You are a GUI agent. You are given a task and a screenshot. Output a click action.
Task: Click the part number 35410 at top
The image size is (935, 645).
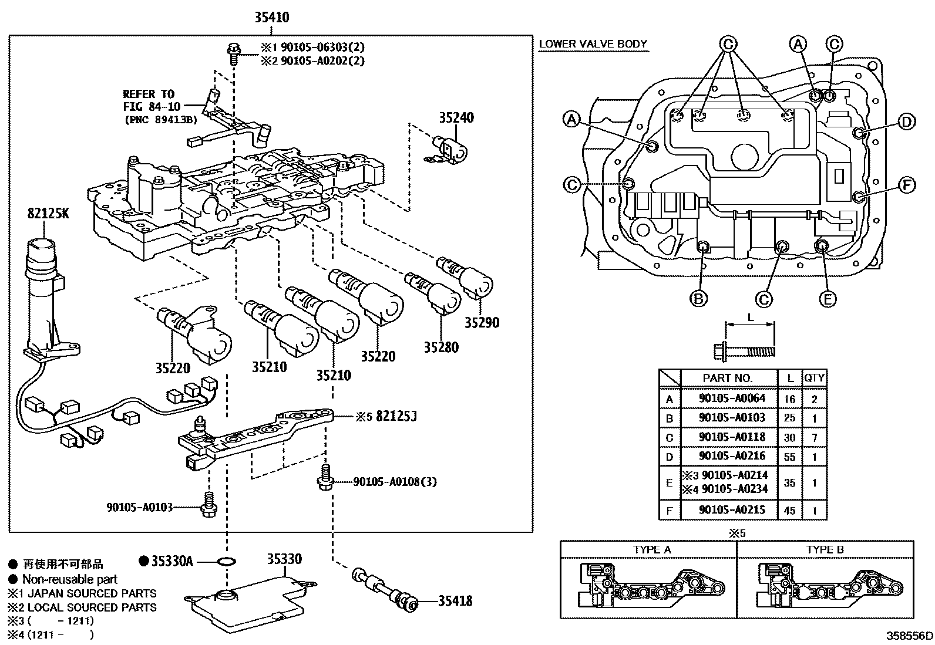[x=271, y=18]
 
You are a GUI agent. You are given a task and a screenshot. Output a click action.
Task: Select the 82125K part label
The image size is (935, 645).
[x=47, y=214]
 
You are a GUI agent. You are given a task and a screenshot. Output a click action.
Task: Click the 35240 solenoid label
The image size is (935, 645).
[x=456, y=118]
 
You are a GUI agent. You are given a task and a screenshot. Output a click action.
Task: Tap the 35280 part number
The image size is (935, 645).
[x=441, y=347]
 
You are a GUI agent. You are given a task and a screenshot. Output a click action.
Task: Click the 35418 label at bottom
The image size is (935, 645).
[x=455, y=601]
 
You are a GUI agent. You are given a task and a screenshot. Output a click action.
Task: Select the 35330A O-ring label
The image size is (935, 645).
[x=171, y=561]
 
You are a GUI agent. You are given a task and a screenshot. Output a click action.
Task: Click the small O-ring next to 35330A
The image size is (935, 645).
[x=226, y=562]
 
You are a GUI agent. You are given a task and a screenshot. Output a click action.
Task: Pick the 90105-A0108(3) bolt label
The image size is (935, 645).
[x=395, y=482]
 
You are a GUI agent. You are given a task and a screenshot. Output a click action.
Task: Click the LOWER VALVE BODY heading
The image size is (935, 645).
[x=593, y=44]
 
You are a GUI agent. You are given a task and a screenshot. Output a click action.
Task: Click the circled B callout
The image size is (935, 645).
[x=698, y=299]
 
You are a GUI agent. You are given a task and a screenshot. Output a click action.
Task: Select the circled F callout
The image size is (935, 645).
[x=907, y=186]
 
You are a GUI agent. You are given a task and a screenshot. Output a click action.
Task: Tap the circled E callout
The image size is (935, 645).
[x=827, y=299]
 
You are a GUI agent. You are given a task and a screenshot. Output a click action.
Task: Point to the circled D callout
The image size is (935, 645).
[x=907, y=122]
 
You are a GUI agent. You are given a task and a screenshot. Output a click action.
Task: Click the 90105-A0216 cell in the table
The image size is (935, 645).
[x=732, y=457]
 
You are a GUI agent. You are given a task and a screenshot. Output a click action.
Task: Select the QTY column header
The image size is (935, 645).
[x=814, y=378]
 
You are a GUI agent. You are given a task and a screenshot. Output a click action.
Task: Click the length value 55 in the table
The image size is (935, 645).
[x=789, y=457]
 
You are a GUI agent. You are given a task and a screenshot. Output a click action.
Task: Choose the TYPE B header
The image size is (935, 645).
[x=825, y=550]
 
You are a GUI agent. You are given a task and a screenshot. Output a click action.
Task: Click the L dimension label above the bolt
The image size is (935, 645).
[x=750, y=318]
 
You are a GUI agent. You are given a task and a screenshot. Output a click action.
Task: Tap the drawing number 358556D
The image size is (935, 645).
[x=910, y=636]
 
